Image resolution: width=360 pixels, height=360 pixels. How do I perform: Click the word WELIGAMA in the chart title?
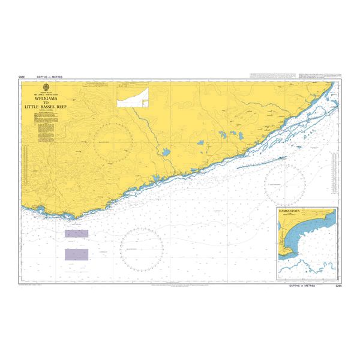pyautogui.click(x=54, y=100)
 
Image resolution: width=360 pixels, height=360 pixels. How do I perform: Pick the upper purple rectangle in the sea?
pyautogui.click(x=76, y=233)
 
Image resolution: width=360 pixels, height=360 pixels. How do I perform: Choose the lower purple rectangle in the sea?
pyautogui.click(x=76, y=254)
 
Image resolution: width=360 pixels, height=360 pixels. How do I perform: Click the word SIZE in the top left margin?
pyautogui.click(x=22, y=78)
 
